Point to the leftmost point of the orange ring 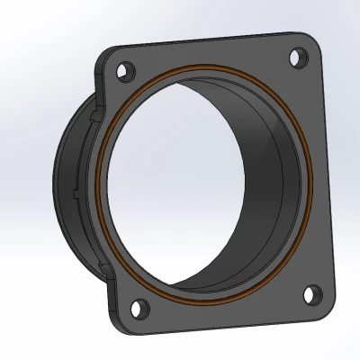click(x=101, y=180)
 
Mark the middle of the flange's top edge click(x=207, y=38)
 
